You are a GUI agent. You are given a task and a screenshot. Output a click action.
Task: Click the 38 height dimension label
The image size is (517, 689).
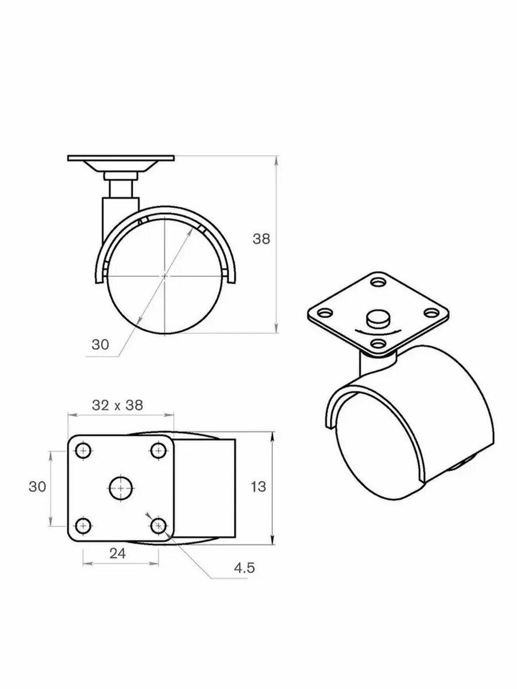click(261, 239)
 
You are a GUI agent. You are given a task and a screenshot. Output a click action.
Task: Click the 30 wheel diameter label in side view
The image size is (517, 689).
click(100, 344)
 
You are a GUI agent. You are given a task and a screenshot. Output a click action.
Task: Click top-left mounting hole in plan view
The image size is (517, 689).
click(83, 451)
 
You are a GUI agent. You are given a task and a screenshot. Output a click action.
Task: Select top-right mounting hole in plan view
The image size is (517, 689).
click(159, 451)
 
